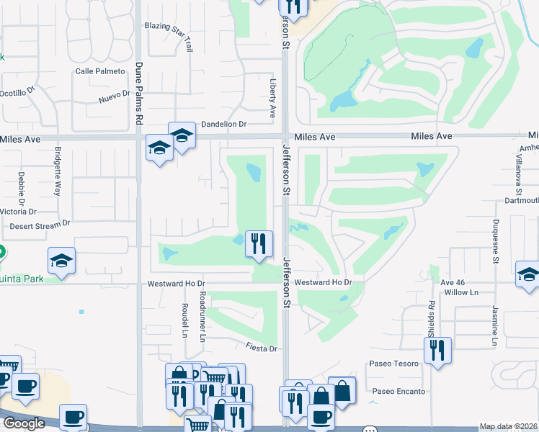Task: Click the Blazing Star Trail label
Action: pos(169,35)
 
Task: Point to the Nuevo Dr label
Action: pos(114,94)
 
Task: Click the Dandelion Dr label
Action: pos(223,124)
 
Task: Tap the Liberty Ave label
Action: pos(273,99)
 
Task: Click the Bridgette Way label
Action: pos(58,171)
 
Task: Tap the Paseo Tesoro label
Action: pos(393,364)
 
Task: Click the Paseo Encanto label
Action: pos(398,392)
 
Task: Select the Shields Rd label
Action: pos(431,319)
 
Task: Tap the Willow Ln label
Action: pos(461,293)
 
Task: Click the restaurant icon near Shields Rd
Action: pos(437,351)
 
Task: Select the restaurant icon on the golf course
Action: pos(258,243)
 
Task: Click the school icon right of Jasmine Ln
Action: pos(527,274)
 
